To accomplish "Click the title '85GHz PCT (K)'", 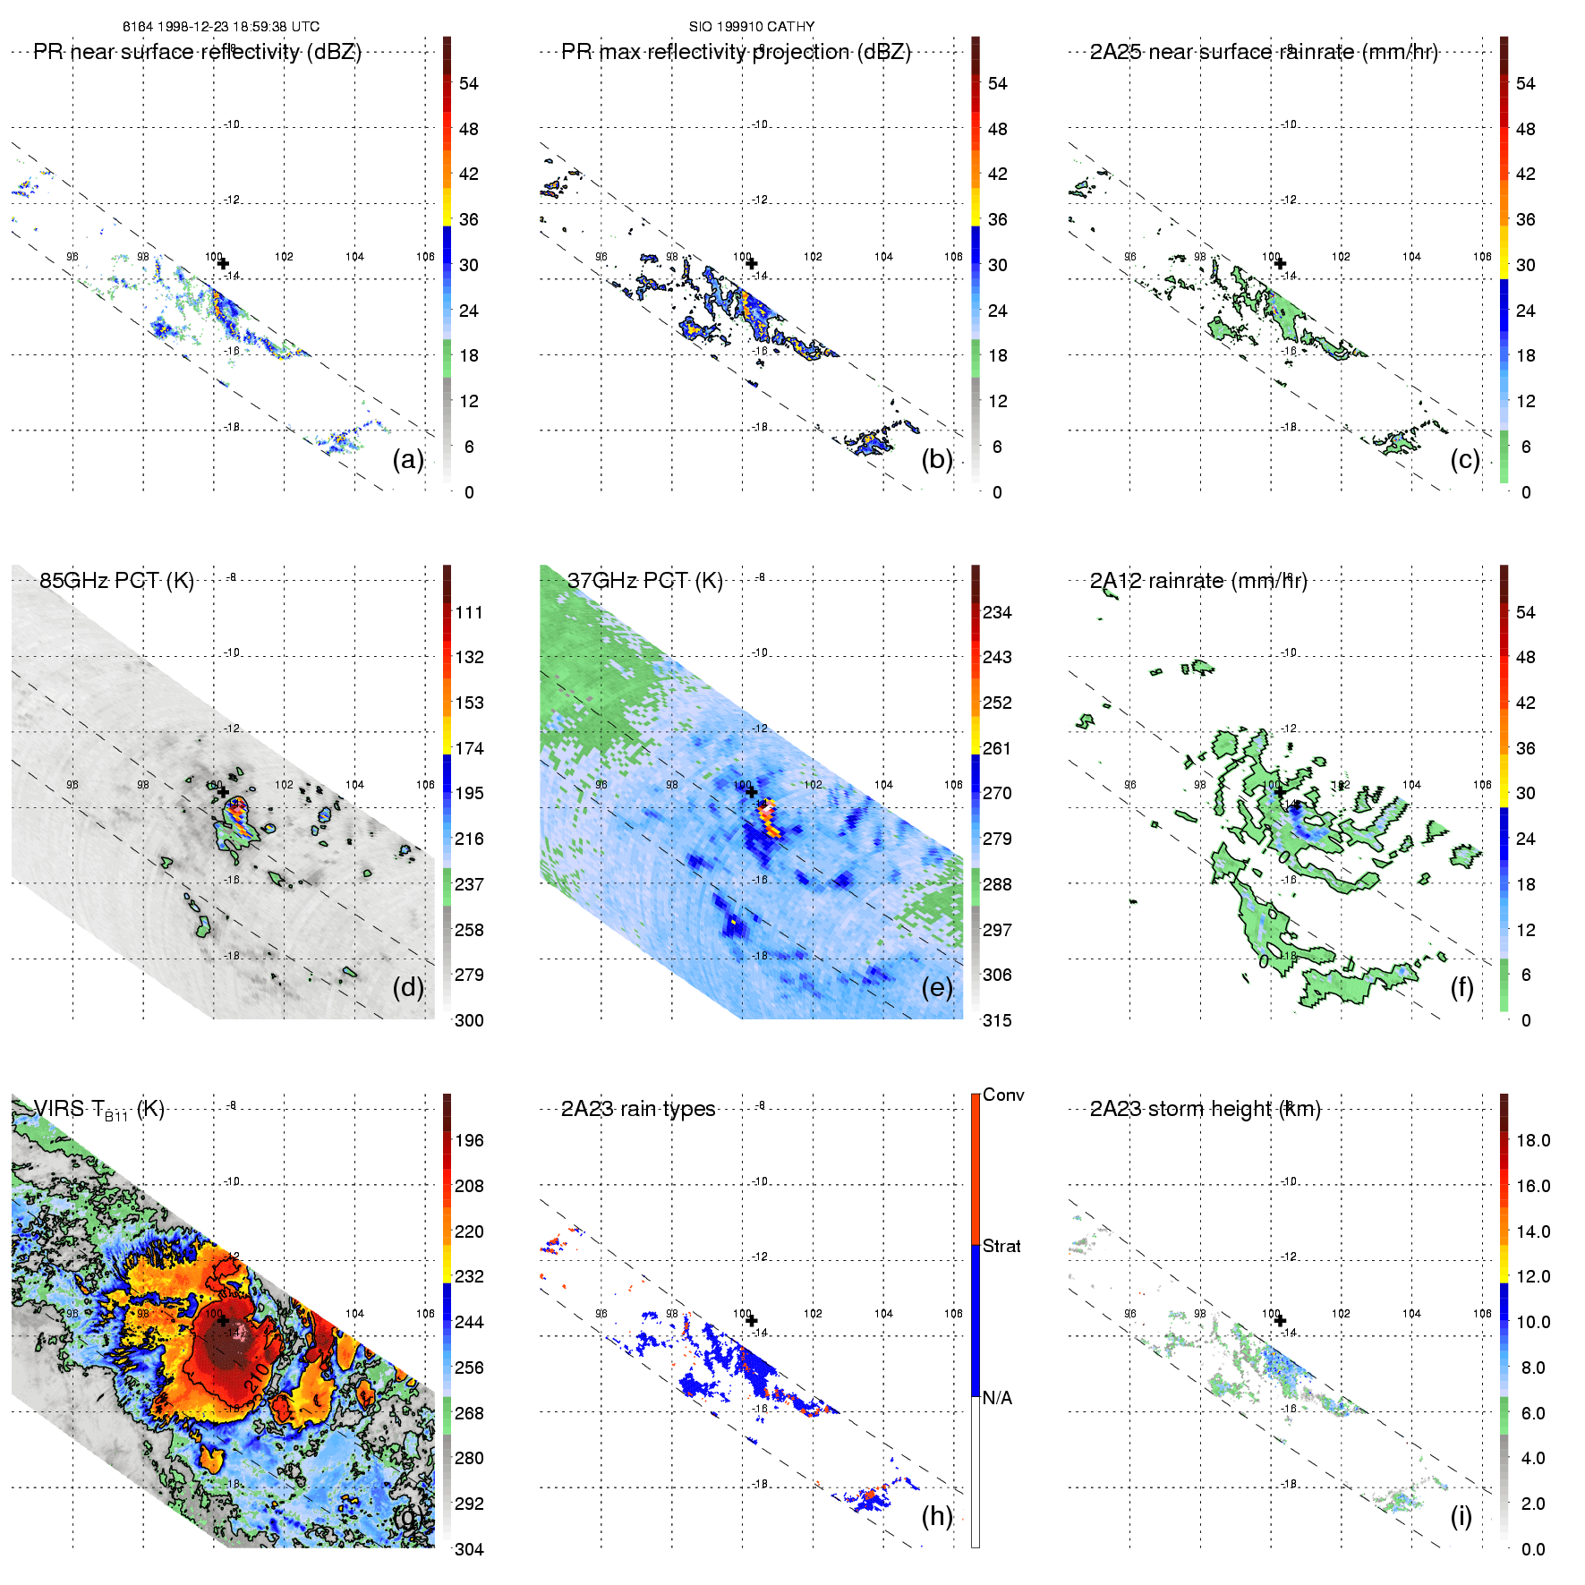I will tap(116, 581).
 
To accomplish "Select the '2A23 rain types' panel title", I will tap(638, 1109).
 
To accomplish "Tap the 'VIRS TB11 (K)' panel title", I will tap(98, 1110).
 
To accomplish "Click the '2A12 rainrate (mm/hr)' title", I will tap(1198, 581).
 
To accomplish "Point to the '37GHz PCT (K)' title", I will tap(644, 581).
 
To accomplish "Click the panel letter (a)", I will tap(408, 459).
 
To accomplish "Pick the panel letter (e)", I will tap(937, 987).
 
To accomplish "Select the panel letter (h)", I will tap(937, 1515).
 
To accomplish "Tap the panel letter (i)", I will tap(1461, 1515).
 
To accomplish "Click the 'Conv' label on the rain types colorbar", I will tap(1003, 1095).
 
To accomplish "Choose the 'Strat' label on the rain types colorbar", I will tap(1001, 1246).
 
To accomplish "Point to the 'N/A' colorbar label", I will tap(997, 1398).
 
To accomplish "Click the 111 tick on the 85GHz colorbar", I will tap(469, 612).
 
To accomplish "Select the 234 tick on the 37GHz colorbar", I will tap(997, 612).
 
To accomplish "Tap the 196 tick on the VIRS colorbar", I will tap(469, 1140).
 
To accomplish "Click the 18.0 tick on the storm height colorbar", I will tap(1533, 1140).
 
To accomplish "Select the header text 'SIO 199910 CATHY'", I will tap(752, 27).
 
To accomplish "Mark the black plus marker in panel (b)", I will tap(752, 263).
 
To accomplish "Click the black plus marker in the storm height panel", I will tap(1280, 1320).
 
